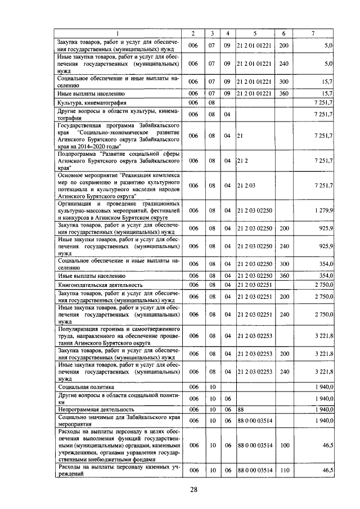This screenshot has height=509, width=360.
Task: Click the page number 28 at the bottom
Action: click(x=193, y=489)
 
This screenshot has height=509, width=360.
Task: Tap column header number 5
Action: click(x=255, y=33)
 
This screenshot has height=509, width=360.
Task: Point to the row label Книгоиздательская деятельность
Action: click(x=102, y=285)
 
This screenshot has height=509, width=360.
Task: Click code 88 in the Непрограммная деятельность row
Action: click(x=241, y=409)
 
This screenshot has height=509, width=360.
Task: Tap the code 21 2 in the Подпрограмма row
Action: click(x=242, y=160)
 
